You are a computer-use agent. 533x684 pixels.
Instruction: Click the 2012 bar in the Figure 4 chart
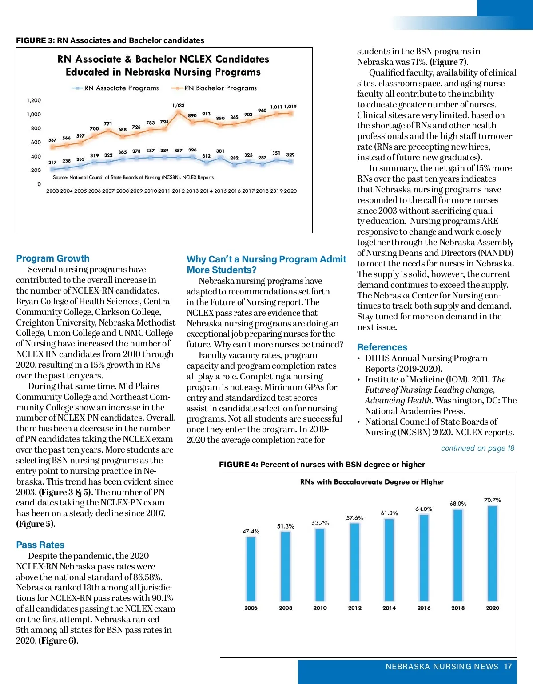354,562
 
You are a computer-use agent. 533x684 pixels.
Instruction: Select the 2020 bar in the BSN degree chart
492,553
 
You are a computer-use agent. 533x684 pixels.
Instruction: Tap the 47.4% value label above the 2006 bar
251,531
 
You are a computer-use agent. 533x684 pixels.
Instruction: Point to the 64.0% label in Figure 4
424,509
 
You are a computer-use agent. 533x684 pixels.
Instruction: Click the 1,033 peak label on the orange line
178,105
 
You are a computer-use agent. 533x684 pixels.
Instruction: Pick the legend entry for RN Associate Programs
115,88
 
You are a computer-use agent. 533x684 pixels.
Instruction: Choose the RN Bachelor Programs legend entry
215,88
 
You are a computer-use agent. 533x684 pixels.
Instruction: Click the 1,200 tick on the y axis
34,100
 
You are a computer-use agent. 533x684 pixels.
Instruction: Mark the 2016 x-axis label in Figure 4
424,608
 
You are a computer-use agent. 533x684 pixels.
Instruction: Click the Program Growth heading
53,258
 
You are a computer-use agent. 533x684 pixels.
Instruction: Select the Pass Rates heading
40,545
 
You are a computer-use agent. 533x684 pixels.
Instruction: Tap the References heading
382,347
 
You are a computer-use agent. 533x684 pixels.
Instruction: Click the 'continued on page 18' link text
477,448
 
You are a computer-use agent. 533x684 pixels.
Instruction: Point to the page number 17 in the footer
508,667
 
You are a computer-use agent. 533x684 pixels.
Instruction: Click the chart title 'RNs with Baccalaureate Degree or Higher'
372,482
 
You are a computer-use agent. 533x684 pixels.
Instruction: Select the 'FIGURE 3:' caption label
36,40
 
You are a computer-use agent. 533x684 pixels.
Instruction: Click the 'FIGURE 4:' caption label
239,465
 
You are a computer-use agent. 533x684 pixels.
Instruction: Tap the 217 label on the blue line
52,162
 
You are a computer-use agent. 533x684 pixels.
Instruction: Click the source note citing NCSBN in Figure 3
133,178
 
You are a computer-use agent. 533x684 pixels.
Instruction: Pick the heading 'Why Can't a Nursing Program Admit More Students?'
266,265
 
